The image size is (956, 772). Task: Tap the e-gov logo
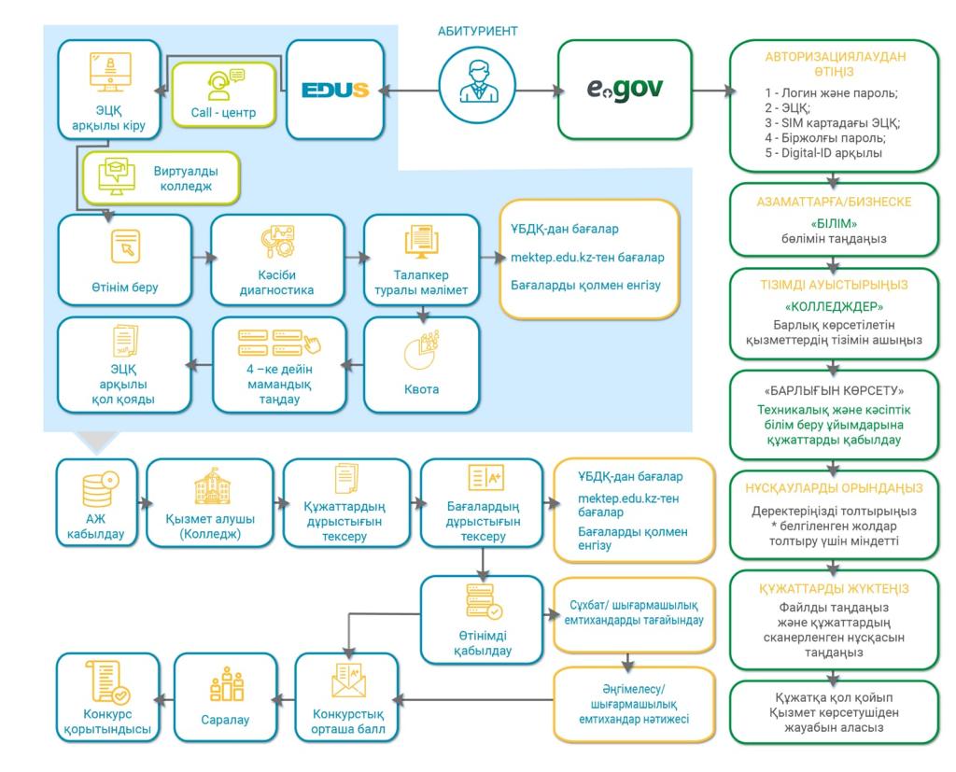[626, 90]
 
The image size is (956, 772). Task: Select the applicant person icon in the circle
[477, 90]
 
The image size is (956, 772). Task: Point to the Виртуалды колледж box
[161, 179]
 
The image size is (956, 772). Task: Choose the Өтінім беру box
[124, 259]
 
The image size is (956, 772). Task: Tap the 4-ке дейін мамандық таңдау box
[270, 364]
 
